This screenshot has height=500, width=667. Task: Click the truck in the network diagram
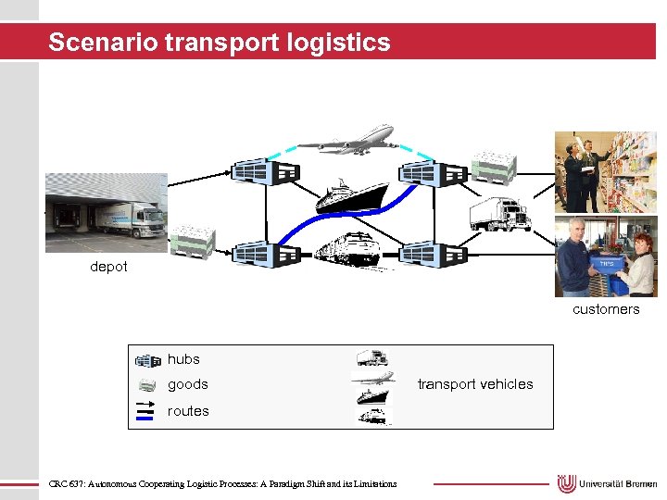(499, 214)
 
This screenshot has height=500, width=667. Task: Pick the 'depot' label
(109, 267)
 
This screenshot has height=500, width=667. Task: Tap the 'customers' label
(606, 309)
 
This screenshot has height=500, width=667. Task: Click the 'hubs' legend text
(183, 359)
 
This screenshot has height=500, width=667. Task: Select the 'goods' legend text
(187, 384)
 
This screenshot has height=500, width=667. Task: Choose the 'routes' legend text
(188, 411)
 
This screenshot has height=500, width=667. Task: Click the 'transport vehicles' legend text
(475, 384)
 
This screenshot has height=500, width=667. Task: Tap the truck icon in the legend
(371, 358)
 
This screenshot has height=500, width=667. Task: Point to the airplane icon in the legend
(372, 378)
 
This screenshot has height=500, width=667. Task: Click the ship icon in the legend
(372, 396)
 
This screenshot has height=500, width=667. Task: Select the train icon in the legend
(374, 417)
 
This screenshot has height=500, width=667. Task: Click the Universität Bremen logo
(607, 483)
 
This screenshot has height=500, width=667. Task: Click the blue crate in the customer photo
(607, 268)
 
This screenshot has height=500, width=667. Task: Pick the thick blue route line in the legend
(145, 418)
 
